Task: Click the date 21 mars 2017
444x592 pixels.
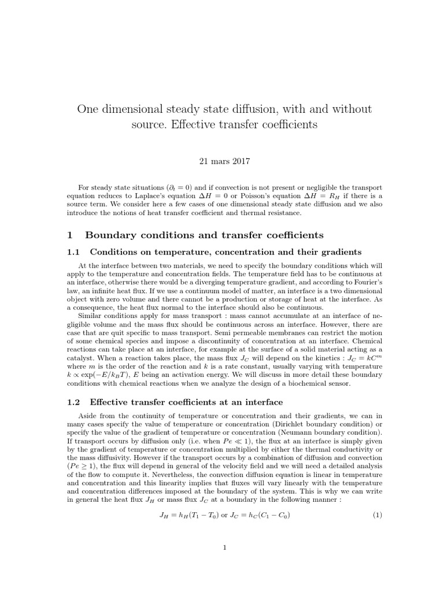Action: point(222,161)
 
